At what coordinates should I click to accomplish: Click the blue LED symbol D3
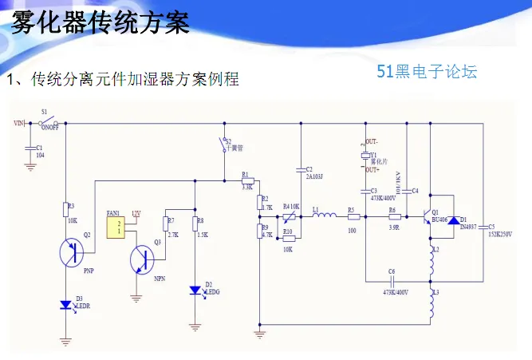tap(67, 305)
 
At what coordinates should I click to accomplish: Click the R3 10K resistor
tap(67, 210)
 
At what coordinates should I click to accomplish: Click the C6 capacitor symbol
tap(392, 280)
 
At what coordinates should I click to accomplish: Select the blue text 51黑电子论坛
tap(427, 72)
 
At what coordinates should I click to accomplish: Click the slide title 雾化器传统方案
tap(100, 22)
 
